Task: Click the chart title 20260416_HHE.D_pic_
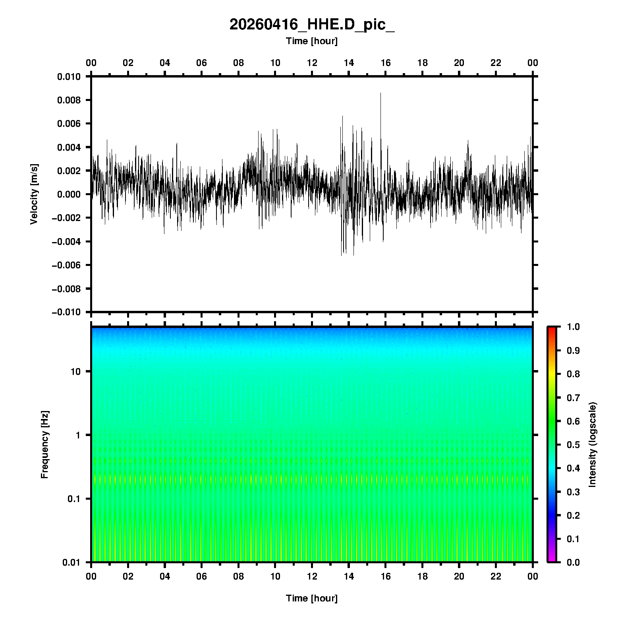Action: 312,25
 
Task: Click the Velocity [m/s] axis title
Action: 34,194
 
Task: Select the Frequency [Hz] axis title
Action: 44,444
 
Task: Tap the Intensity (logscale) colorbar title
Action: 593,444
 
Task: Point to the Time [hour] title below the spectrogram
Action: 312,598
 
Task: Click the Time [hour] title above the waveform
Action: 312,41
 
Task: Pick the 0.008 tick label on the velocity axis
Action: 69,100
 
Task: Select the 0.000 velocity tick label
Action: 69,194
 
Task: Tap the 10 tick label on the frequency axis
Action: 75,372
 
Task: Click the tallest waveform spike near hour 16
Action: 380,94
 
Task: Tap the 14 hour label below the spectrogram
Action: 349,576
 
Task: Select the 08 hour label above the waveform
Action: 238,63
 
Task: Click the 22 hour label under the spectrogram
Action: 496,576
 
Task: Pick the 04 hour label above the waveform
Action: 165,63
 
